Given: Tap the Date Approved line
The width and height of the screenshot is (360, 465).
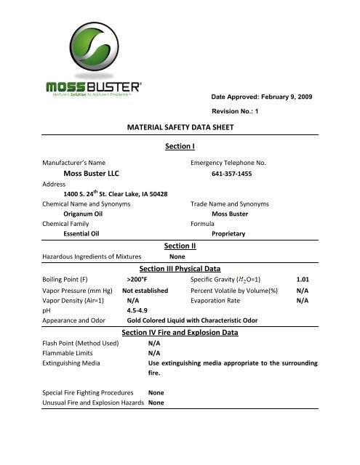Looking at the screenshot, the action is [263, 96].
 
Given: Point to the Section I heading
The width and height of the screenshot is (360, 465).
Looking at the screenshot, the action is [180, 147].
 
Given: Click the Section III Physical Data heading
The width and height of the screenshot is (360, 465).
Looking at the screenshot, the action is [180, 268].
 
